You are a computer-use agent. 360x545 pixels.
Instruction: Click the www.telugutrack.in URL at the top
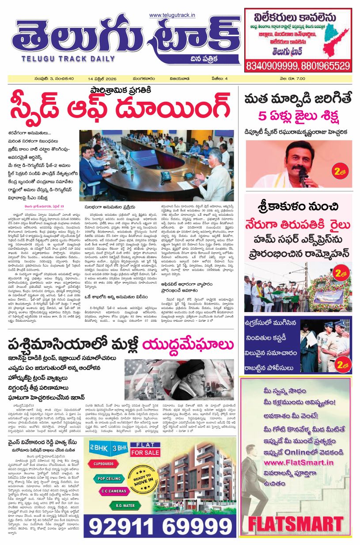[x=172, y=15]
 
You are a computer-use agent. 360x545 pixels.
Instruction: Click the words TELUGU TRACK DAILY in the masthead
[x=53, y=58]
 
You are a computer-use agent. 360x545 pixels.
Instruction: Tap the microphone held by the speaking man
[x=303, y=174]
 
